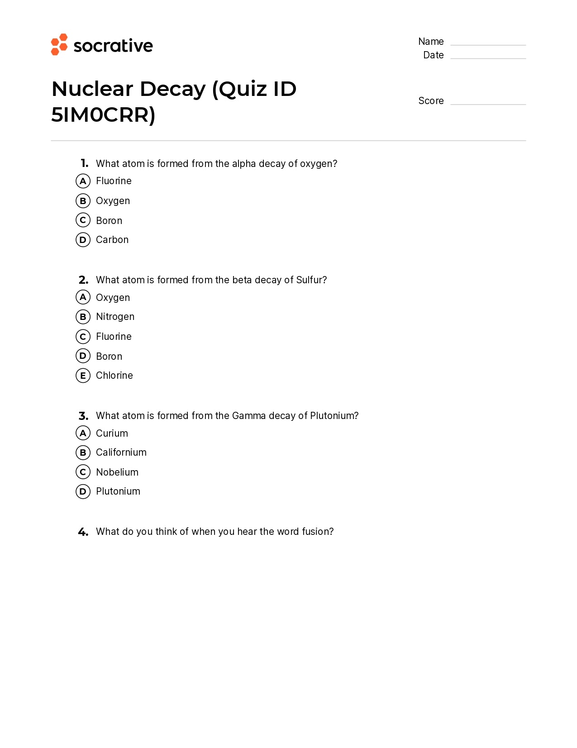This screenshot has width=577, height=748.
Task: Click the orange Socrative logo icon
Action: click(x=59, y=44)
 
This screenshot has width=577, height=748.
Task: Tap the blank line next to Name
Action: click(x=488, y=44)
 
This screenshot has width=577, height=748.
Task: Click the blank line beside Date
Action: click(x=488, y=58)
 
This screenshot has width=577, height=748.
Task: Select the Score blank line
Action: click(x=488, y=104)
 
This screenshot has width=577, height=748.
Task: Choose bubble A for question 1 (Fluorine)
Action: click(x=83, y=181)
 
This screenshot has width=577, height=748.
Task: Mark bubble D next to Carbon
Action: click(x=83, y=240)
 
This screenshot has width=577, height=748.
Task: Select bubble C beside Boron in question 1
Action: click(x=83, y=220)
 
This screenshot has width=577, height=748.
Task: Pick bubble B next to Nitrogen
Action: click(x=83, y=317)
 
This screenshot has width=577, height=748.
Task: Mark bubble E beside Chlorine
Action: click(x=83, y=376)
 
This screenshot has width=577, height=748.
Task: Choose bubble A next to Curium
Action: click(x=83, y=433)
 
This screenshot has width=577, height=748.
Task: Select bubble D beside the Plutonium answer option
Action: click(x=83, y=491)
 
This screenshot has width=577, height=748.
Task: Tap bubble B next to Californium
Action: click(x=83, y=453)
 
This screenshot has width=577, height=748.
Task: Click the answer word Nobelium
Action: click(x=117, y=472)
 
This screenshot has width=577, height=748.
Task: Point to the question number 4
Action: click(x=83, y=532)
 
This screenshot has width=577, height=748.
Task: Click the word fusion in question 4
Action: click(x=317, y=531)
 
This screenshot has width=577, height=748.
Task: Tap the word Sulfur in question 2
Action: click(x=311, y=280)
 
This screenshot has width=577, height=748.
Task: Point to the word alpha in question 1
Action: click(x=244, y=163)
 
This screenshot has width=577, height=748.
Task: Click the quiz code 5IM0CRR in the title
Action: click(x=103, y=115)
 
